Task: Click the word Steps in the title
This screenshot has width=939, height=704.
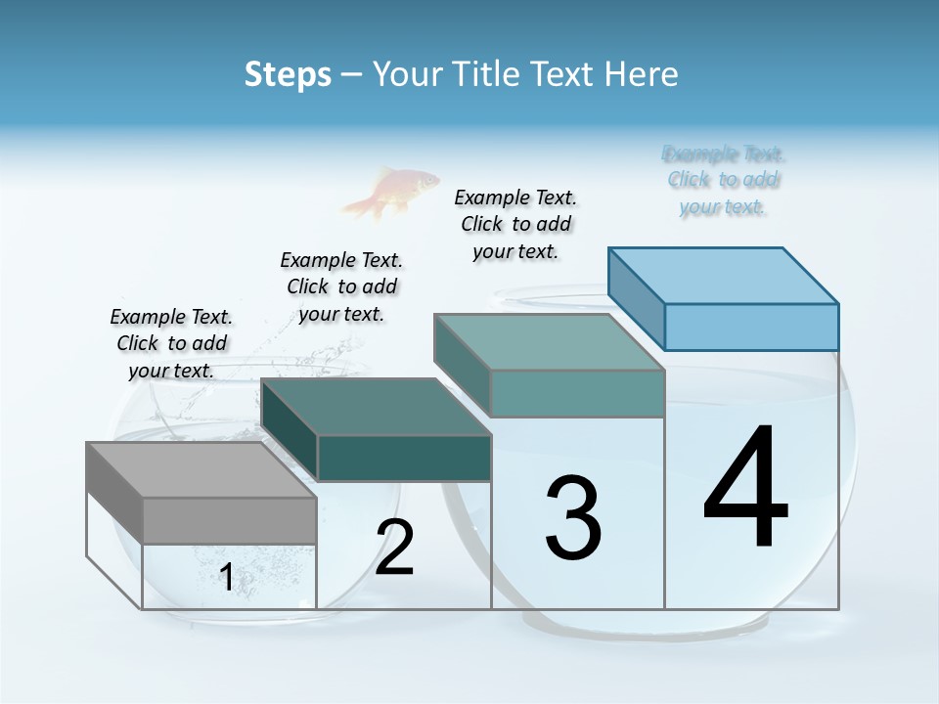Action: click(288, 74)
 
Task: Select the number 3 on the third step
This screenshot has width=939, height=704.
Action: click(573, 517)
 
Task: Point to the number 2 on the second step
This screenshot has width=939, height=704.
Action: click(395, 548)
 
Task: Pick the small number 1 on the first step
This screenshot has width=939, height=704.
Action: click(227, 578)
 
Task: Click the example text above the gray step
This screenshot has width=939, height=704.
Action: click(171, 343)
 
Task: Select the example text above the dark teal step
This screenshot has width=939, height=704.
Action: click(341, 286)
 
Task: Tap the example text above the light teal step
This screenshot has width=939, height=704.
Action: click(515, 224)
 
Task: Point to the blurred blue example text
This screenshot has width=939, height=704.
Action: click(724, 180)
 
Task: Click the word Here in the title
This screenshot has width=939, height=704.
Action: click(642, 74)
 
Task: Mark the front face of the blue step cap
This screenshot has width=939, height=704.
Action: click(751, 327)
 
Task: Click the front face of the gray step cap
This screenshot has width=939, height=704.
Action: click(229, 520)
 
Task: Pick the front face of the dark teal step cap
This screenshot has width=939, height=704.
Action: click(404, 459)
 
